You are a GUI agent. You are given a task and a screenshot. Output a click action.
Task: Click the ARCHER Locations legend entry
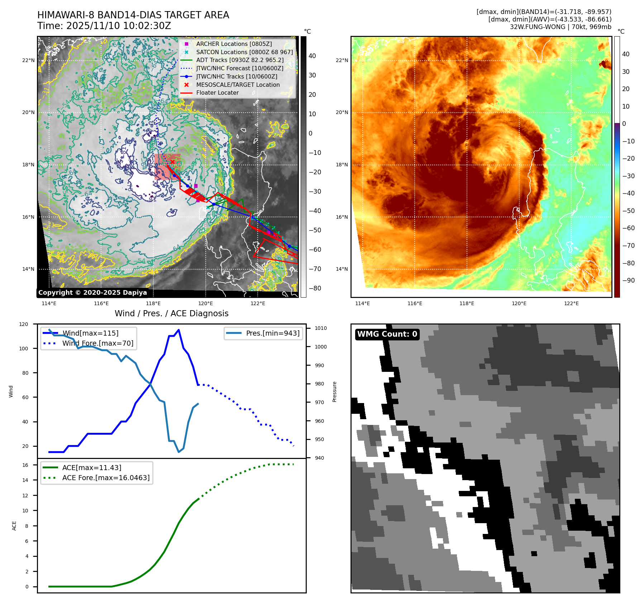[234, 44]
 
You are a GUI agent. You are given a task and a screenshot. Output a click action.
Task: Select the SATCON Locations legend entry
[244, 52]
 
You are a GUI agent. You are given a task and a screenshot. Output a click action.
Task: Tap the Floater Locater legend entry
[217, 93]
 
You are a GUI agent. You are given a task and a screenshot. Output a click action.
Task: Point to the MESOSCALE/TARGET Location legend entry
[238, 85]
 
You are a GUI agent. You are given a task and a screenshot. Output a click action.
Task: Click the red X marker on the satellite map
[172, 162]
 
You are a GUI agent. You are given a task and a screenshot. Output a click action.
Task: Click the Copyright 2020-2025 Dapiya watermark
[92, 293]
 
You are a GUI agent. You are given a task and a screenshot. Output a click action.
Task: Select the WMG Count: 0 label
[387, 334]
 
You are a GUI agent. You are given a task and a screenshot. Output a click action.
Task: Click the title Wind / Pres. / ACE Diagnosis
[171, 313]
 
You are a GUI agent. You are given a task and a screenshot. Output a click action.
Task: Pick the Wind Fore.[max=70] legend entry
[97, 343]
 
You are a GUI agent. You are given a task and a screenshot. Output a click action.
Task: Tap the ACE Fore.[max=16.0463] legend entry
[106, 478]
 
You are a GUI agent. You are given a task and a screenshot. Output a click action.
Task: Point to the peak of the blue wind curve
[178, 330]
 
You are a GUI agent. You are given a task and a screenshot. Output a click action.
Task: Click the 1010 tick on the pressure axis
[321, 328]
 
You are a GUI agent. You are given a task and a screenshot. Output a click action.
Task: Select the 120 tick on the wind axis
[24, 324]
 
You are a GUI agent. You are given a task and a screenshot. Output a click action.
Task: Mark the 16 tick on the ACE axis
[25, 465]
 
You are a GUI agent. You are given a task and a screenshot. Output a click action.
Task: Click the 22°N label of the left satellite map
[28, 60]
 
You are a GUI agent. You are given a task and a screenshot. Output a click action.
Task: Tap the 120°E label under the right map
[519, 303]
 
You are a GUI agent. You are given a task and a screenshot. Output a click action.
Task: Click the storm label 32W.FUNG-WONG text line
[560, 27]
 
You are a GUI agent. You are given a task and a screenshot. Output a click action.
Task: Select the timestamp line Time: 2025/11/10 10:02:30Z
[104, 26]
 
